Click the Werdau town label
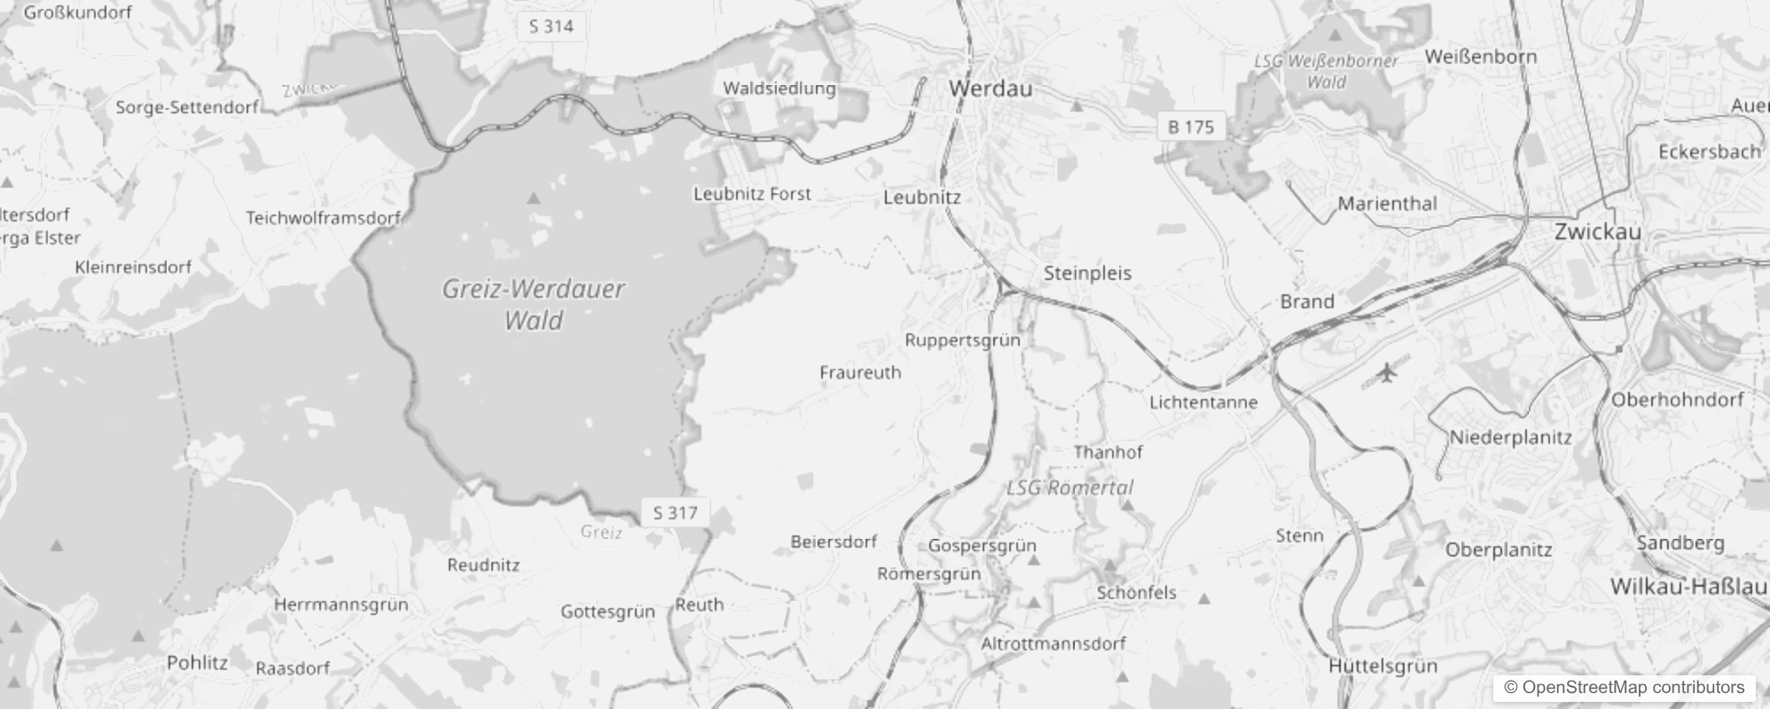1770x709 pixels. (x=990, y=89)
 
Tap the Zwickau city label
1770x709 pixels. (x=1597, y=232)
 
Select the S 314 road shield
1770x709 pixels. (x=551, y=27)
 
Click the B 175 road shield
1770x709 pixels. (x=1190, y=127)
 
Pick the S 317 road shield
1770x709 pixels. (x=675, y=512)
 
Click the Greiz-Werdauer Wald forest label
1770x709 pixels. (x=533, y=304)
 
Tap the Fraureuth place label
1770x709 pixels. (x=859, y=372)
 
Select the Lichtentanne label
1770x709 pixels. (x=1202, y=401)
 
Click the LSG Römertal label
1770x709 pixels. (x=1069, y=487)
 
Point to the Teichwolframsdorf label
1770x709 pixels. (x=323, y=217)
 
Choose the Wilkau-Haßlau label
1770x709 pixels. (x=1688, y=587)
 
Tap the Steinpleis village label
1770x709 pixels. (x=1087, y=273)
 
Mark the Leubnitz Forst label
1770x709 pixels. (x=752, y=193)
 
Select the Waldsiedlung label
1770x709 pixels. (x=779, y=88)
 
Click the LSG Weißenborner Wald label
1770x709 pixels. (x=1327, y=72)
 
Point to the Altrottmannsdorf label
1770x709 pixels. (x=1053, y=643)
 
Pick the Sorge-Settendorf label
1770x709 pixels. (x=186, y=107)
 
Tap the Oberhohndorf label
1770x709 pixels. (x=1677, y=400)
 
